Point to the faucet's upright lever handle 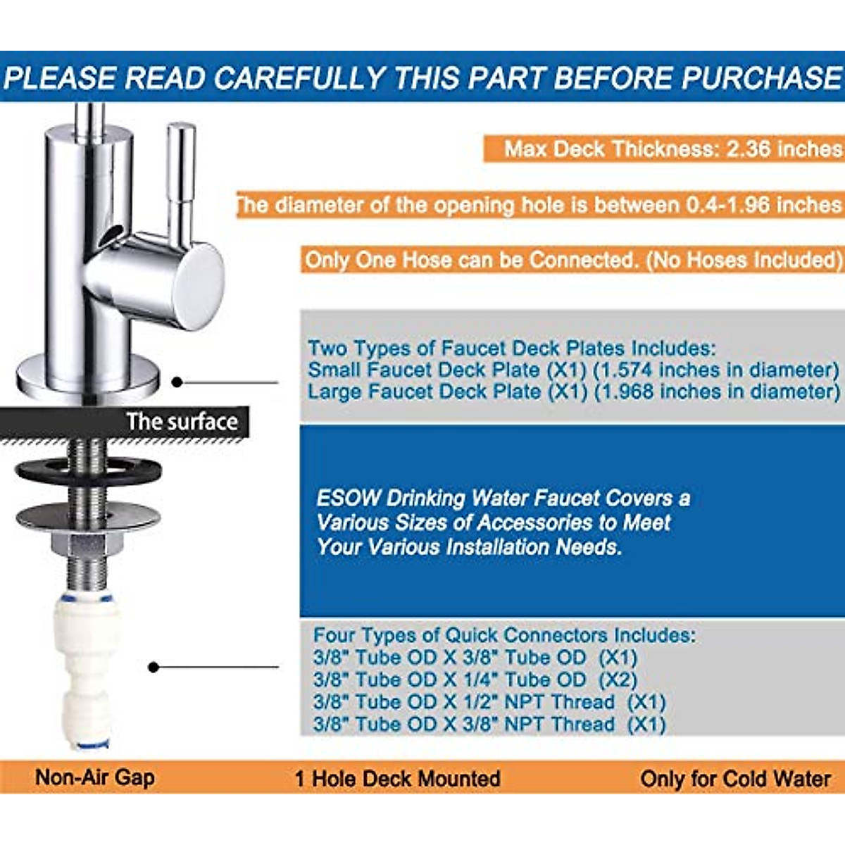coord(181,176)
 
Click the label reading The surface coord(182,422)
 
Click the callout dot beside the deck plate coord(177,382)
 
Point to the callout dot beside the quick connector coord(153,667)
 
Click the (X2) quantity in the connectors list coord(618,680)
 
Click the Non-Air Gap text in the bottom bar coord(94,777)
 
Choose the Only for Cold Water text coord(735,779)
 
